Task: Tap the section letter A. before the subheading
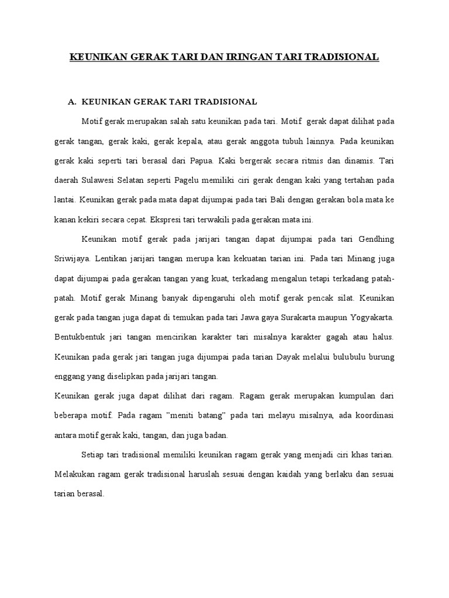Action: click(x=72, y=102)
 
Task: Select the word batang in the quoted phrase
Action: click(x=207, y=415)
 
